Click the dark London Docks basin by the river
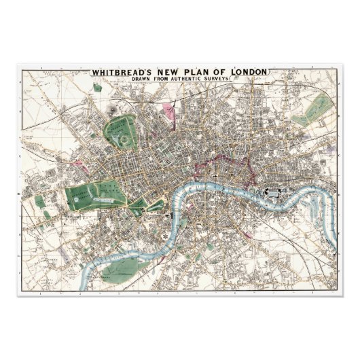274,193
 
